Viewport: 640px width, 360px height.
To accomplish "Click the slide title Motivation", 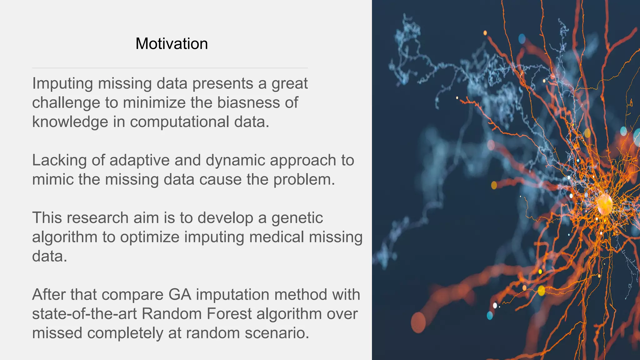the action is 172,44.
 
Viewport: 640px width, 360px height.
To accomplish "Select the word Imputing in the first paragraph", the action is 62,84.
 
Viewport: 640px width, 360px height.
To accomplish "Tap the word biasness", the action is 248,102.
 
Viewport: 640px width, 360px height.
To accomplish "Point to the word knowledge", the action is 70,122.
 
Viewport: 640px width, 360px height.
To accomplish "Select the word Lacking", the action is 59,161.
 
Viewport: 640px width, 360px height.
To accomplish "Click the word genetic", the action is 297,218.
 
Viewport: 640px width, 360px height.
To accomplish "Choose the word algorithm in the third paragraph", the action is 65,237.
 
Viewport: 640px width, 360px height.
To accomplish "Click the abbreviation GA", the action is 180,295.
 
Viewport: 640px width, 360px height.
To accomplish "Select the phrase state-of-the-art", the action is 84,314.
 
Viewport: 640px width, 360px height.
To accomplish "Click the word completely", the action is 125,333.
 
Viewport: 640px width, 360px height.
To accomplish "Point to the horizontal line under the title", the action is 170,68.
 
